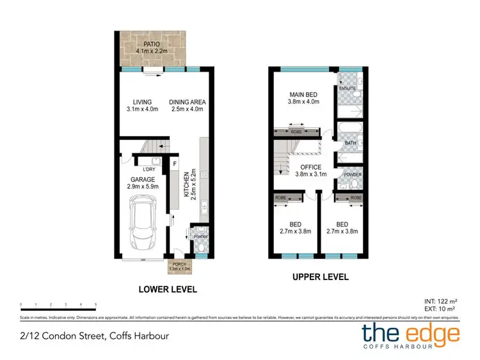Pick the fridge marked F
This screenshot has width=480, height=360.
174,163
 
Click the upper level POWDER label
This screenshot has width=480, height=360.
351,174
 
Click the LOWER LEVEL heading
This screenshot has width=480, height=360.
168,289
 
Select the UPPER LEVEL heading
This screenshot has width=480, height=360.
319,278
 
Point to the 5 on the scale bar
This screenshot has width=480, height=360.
95,304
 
